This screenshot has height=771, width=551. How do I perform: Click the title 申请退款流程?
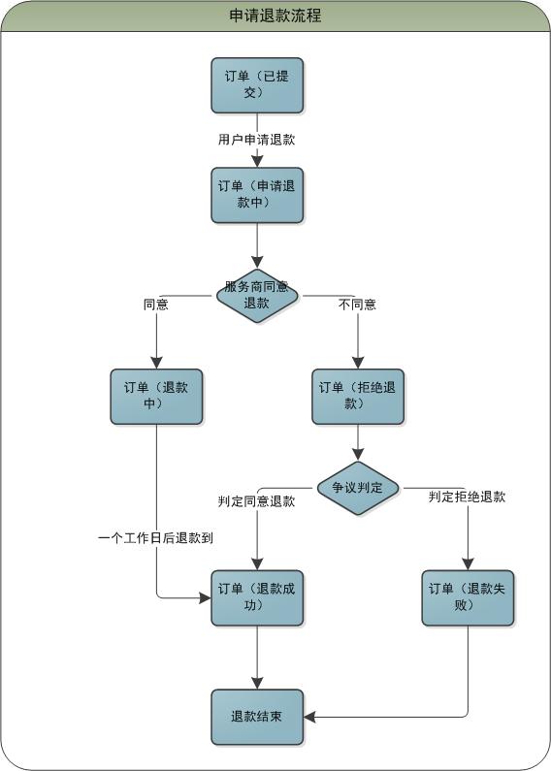click(x=275, y=16)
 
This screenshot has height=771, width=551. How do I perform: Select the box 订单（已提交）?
click(x=257, y=85)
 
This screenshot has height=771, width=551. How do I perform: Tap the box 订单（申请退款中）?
click(x=257, y=195)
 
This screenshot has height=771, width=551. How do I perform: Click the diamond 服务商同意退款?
click(x=257, y=296)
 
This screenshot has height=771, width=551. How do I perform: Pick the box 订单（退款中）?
click(x=156, y=397)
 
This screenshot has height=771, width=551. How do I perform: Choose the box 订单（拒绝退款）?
click(x=358, y=397)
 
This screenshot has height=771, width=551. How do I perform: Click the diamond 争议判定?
click(x=358, y=488)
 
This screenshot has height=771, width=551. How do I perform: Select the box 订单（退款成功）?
click(x=257, y=598)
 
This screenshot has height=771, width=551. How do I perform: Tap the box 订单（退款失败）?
click(x=468, y=598)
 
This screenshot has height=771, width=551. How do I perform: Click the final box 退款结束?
click(x=257, y=717)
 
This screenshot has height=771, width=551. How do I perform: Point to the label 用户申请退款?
click(x=257, y=140)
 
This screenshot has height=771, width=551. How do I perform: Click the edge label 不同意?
click(x=358, y=305)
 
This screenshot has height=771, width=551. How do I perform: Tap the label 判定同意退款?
click(x=257, y=501)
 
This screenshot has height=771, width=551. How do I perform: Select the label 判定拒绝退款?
click(x=467, y=497)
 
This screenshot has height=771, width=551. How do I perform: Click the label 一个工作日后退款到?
click(x=155, y=538)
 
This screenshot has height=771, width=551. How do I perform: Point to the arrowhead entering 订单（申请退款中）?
click(x=257, y=162)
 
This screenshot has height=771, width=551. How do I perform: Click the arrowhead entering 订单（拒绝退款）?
click(x=358, y=363)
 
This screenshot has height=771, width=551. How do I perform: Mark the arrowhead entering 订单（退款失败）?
click(x=468, y=564)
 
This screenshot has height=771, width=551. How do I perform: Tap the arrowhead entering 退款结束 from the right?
click(x=309, y=717)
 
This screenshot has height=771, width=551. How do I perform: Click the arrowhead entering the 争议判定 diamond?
click(x=358, y=454)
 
